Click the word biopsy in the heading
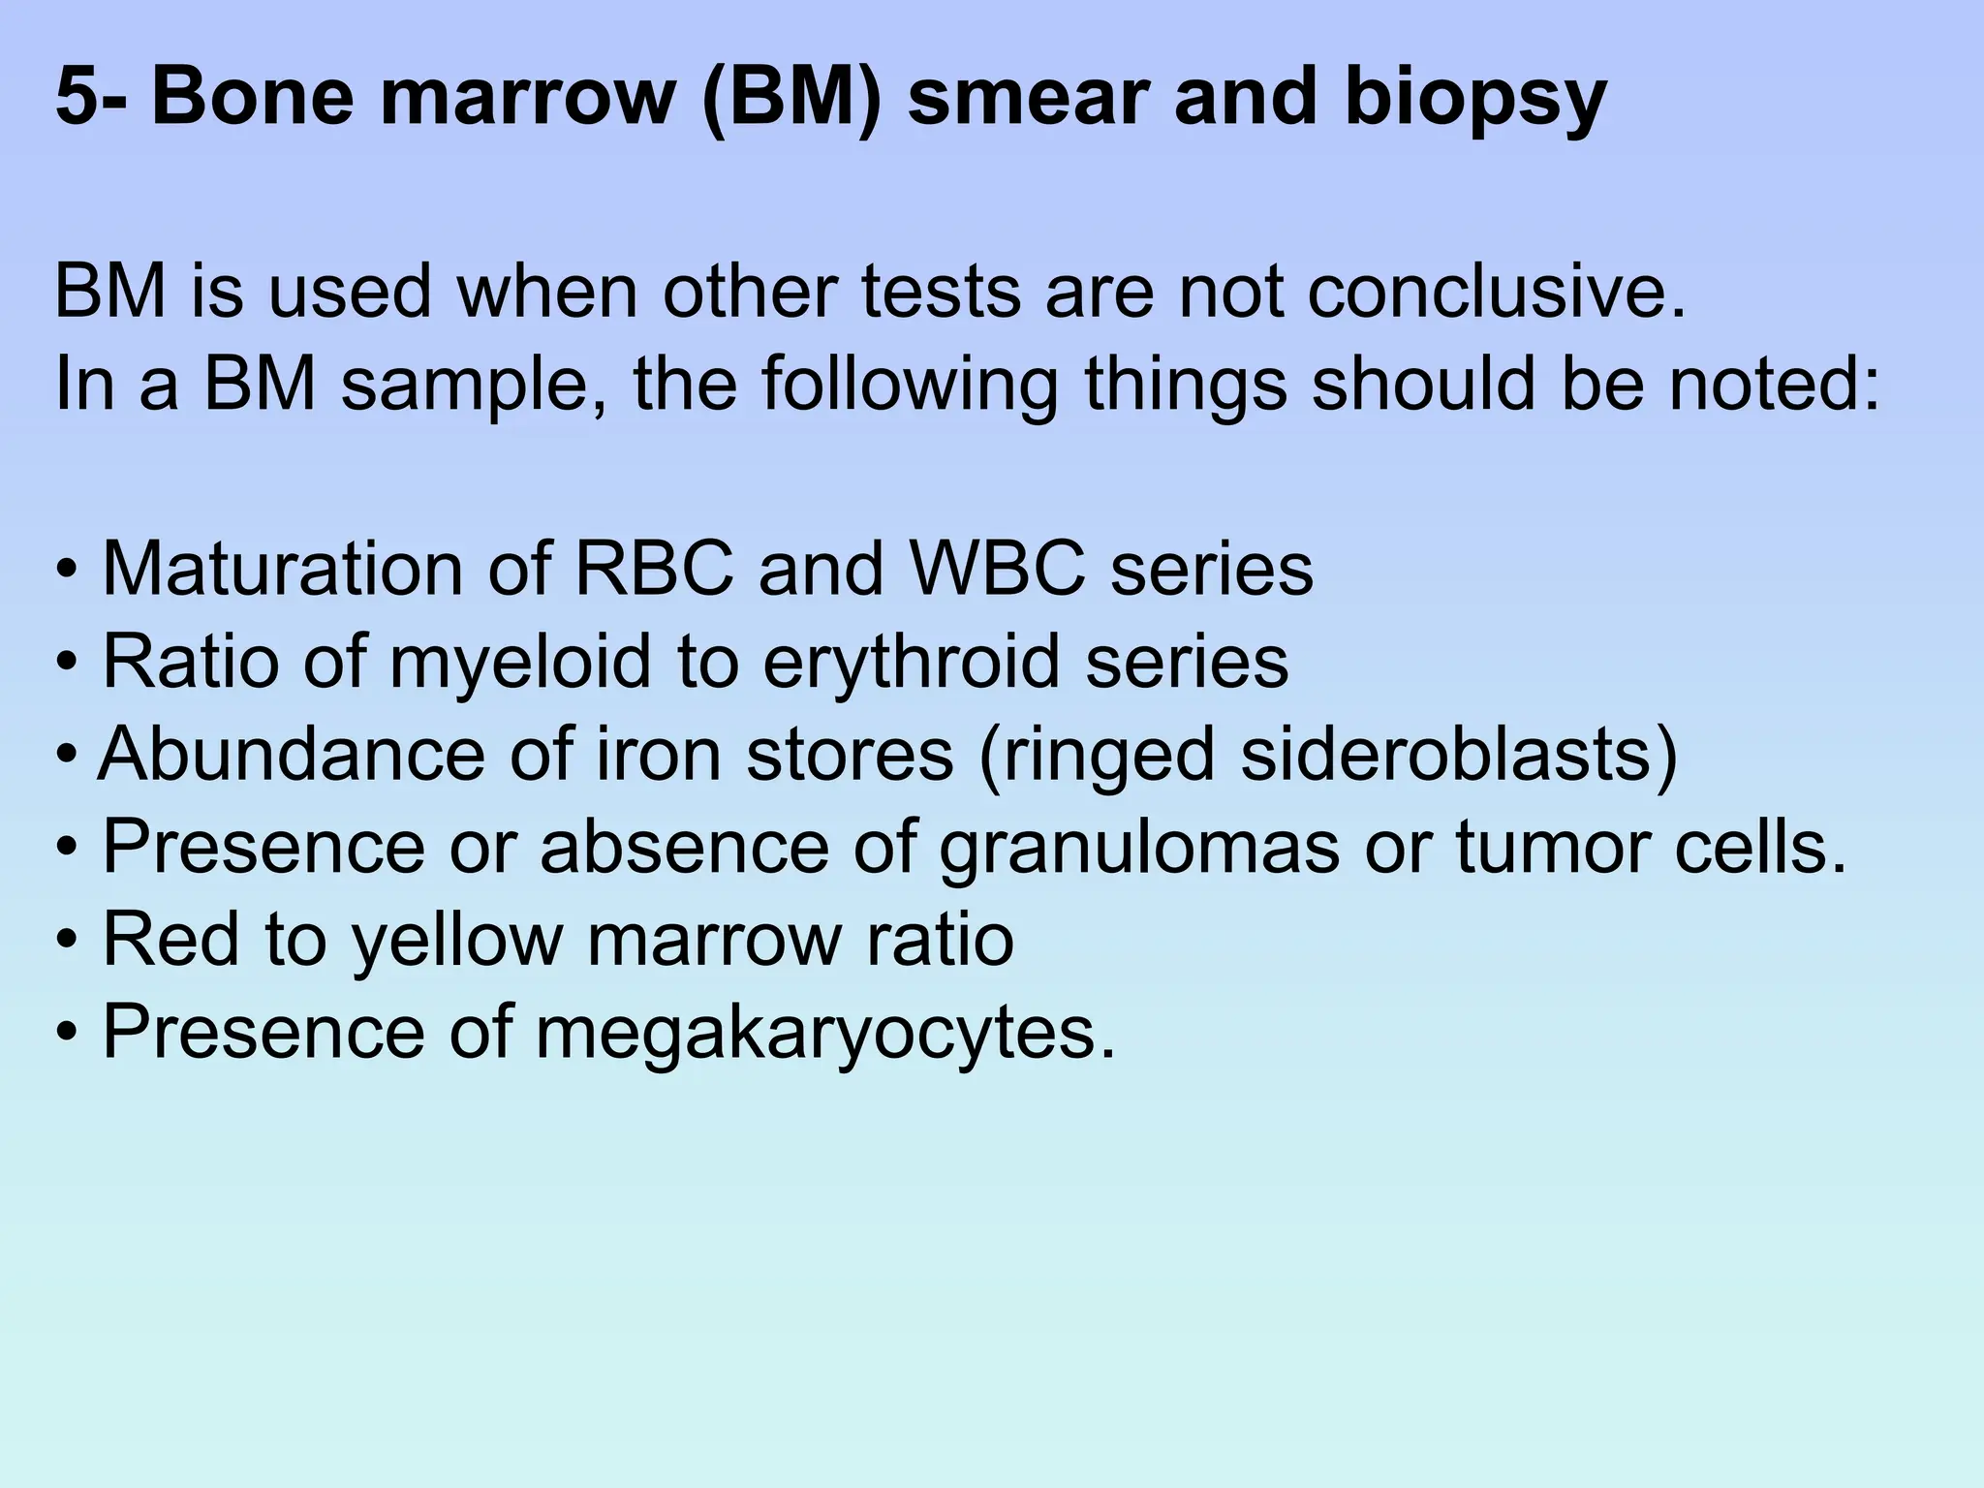[x=1474, y=100]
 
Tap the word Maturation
[x=281, y=568]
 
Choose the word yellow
[x=457, y=941]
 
